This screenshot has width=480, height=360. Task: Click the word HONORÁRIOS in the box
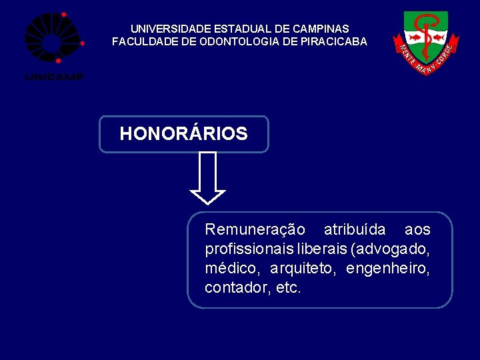183,134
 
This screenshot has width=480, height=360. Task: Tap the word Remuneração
255,230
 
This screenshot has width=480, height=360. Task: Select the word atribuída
355,230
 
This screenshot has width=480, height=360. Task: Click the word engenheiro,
388,269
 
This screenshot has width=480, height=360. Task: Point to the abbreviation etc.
289,288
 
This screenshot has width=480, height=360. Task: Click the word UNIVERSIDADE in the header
171,29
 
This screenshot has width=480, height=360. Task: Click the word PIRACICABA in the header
336,41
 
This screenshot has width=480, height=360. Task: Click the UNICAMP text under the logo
54,77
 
